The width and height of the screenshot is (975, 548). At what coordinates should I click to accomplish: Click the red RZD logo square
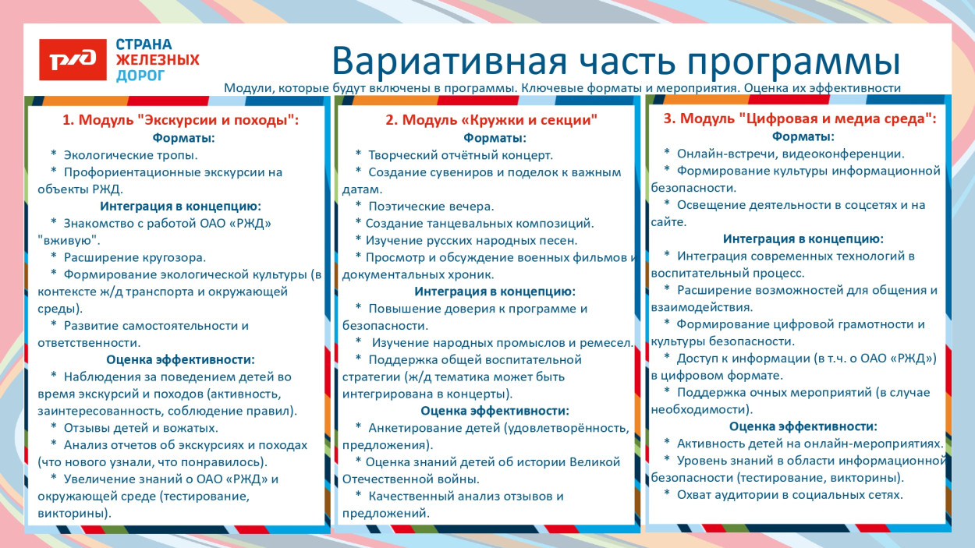click(x=73, y=59)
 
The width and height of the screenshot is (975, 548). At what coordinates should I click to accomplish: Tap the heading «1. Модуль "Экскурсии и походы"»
click(x=181, y=120)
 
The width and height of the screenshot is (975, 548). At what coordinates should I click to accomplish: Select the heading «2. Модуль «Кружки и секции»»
click(x=491, y=120)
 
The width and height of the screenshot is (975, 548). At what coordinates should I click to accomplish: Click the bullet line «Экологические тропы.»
click(x=130, y=154)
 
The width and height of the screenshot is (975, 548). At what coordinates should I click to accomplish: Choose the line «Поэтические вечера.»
click(x=431, y=206)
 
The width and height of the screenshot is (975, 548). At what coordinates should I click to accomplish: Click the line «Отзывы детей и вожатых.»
click(x=140, y=427)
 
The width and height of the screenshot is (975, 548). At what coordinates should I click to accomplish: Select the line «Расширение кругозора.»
click(x=134, y=256)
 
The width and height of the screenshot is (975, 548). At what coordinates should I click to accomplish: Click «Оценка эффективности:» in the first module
click(x=180, y=359)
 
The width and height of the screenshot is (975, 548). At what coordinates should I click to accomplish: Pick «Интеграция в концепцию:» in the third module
click(x=803, y=239)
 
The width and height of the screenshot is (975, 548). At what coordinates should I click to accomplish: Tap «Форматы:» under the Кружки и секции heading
click(x=495, y=138)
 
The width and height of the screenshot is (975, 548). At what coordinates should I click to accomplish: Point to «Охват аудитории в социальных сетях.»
click(x=789, y=494)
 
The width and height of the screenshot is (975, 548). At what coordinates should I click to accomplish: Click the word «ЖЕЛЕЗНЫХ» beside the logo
click(x=158, y=60)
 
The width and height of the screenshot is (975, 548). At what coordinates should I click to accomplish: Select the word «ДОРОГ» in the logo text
click(x=140, y=76)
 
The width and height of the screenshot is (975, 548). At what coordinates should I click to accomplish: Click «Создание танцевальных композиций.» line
click(x=480, y=223)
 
